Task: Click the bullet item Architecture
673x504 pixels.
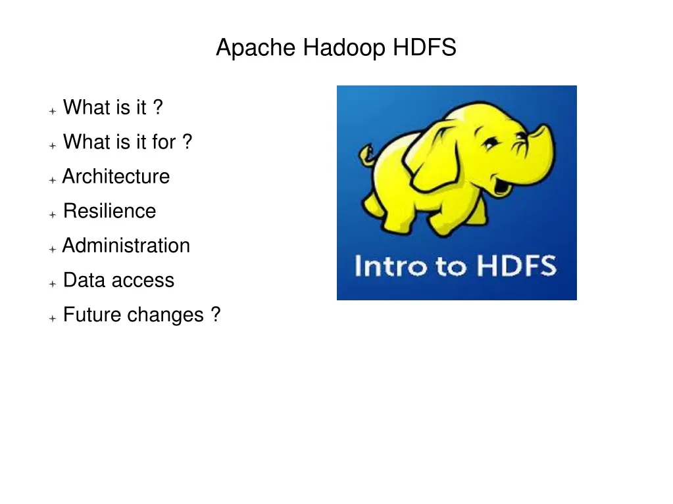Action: point(116,177)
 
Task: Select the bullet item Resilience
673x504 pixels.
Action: point(109,212)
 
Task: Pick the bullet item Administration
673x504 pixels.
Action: point(126,246)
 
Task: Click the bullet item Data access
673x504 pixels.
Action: point(118,281)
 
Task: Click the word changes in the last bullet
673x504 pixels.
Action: point(166,315)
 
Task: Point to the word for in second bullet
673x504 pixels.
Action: point(164,142)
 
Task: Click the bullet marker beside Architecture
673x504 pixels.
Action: point(52,179)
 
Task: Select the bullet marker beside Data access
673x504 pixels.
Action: point(52,283)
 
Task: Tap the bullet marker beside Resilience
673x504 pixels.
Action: point(52,214)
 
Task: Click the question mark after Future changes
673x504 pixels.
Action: point(216,315)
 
